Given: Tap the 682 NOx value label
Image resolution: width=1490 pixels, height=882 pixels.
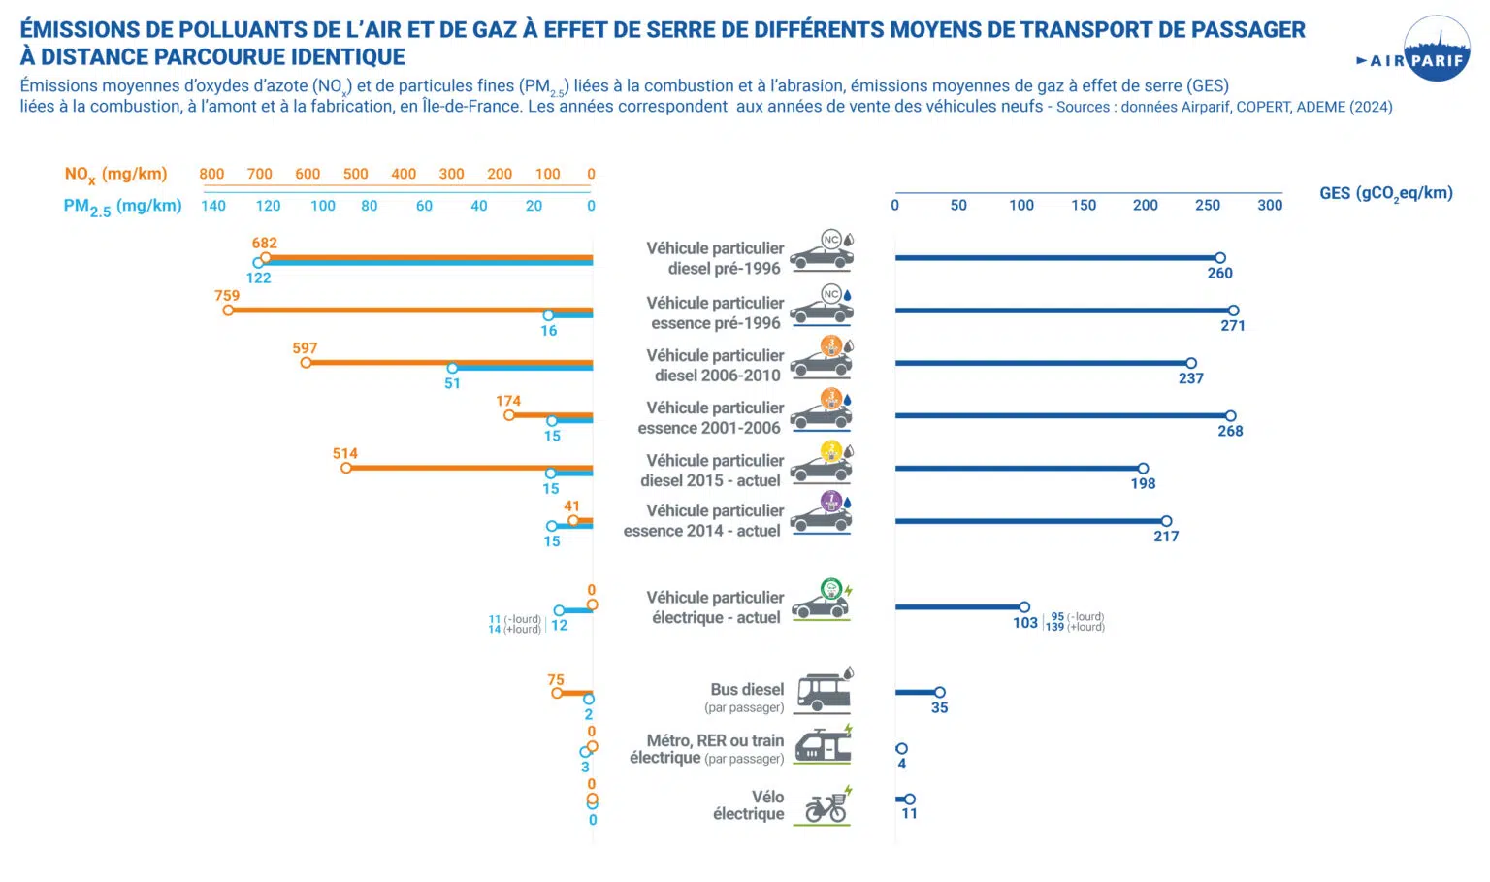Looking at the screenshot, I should click(x=265, y=244).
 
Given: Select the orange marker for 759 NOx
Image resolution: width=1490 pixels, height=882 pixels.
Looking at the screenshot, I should click(x=228, y=310).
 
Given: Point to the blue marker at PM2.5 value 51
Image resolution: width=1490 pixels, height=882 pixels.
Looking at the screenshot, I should click(x=452, y=369).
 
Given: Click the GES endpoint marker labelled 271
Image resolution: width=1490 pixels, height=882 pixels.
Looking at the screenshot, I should click(x=1233, y=310).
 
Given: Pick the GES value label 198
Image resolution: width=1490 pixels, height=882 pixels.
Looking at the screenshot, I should click(x=1143, y=483).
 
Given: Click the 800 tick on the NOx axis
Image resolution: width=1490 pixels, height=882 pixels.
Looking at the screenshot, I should click(x=211, y=174).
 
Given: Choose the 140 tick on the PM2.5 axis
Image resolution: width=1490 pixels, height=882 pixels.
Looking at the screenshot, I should click(x=213, y=206).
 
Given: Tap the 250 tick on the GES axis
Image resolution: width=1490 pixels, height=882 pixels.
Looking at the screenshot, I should click(x=1208, y=205).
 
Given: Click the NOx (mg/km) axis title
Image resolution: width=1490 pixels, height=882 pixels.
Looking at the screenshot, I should click(x=115, y=175).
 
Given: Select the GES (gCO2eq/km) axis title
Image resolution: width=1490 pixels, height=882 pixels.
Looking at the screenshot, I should click(x=1385, y=193).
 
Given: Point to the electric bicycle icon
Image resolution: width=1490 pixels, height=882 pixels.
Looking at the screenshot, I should click(x=826, y=806).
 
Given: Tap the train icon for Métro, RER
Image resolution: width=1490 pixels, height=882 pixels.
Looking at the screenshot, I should click(x=823, y=745).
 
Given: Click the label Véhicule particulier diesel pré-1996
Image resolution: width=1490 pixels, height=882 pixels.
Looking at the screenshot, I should click(x=715, y=258).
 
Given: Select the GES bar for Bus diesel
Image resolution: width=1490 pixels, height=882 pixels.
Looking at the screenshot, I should click(x=916, y=692).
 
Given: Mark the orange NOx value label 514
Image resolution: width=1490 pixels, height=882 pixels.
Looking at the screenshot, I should click(x=345, y=453).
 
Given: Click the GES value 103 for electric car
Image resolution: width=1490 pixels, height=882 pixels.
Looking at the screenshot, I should click(x=1025, y=623).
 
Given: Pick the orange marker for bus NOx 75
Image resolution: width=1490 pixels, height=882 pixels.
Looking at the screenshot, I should click(x=557, y=693).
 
